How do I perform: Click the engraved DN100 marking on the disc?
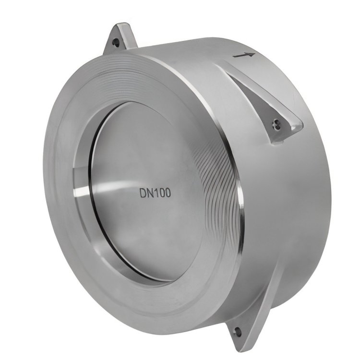155,193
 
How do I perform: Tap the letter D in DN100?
143,193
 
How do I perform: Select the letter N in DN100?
151,193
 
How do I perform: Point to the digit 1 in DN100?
157,193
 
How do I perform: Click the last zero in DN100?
168,193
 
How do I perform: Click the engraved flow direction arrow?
243,55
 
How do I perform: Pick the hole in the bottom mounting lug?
238,331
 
